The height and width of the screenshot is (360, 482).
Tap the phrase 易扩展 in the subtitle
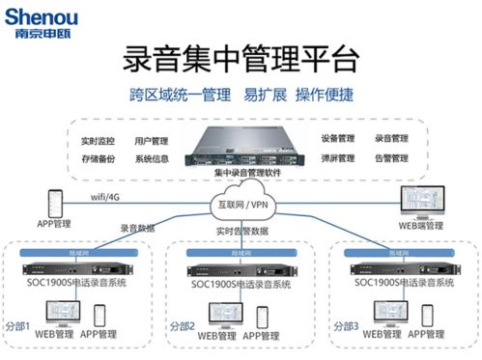pos(256,96)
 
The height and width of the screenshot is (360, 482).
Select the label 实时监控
pos(99,141)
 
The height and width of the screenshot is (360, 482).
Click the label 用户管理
pos(152,141)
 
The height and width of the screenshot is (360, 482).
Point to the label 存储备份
pos(99,158)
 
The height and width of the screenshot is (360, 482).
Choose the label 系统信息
pos(152,158)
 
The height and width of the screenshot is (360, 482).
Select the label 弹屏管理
pos(339,158)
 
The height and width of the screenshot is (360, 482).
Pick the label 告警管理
pos(391,158)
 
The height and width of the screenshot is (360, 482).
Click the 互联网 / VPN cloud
pos(242,205)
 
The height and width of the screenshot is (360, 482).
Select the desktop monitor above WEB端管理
pos(420,202)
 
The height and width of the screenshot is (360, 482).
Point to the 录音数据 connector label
pos(138,229)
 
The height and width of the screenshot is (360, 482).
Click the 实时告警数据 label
pos(241,232)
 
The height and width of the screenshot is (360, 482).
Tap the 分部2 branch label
pos(182,324)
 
